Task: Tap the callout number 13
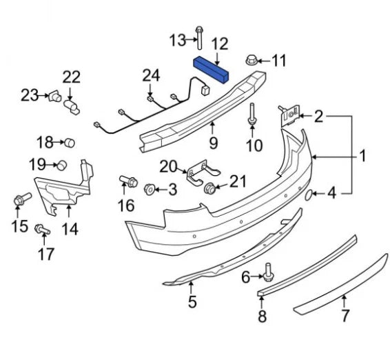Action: tap(177, 40)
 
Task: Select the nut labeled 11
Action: tap(253, 61)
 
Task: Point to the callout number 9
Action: tap(213, 143)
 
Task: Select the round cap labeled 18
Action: tap(70, 143)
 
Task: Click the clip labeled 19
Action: tap(61, 164)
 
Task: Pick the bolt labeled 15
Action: tap(19, 201)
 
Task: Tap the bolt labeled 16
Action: tap(126, 181)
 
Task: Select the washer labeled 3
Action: tap(150, 188)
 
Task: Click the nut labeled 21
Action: tap(209, 188)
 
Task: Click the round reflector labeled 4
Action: tap(309, 194)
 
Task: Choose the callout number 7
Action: tap(345, 317)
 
